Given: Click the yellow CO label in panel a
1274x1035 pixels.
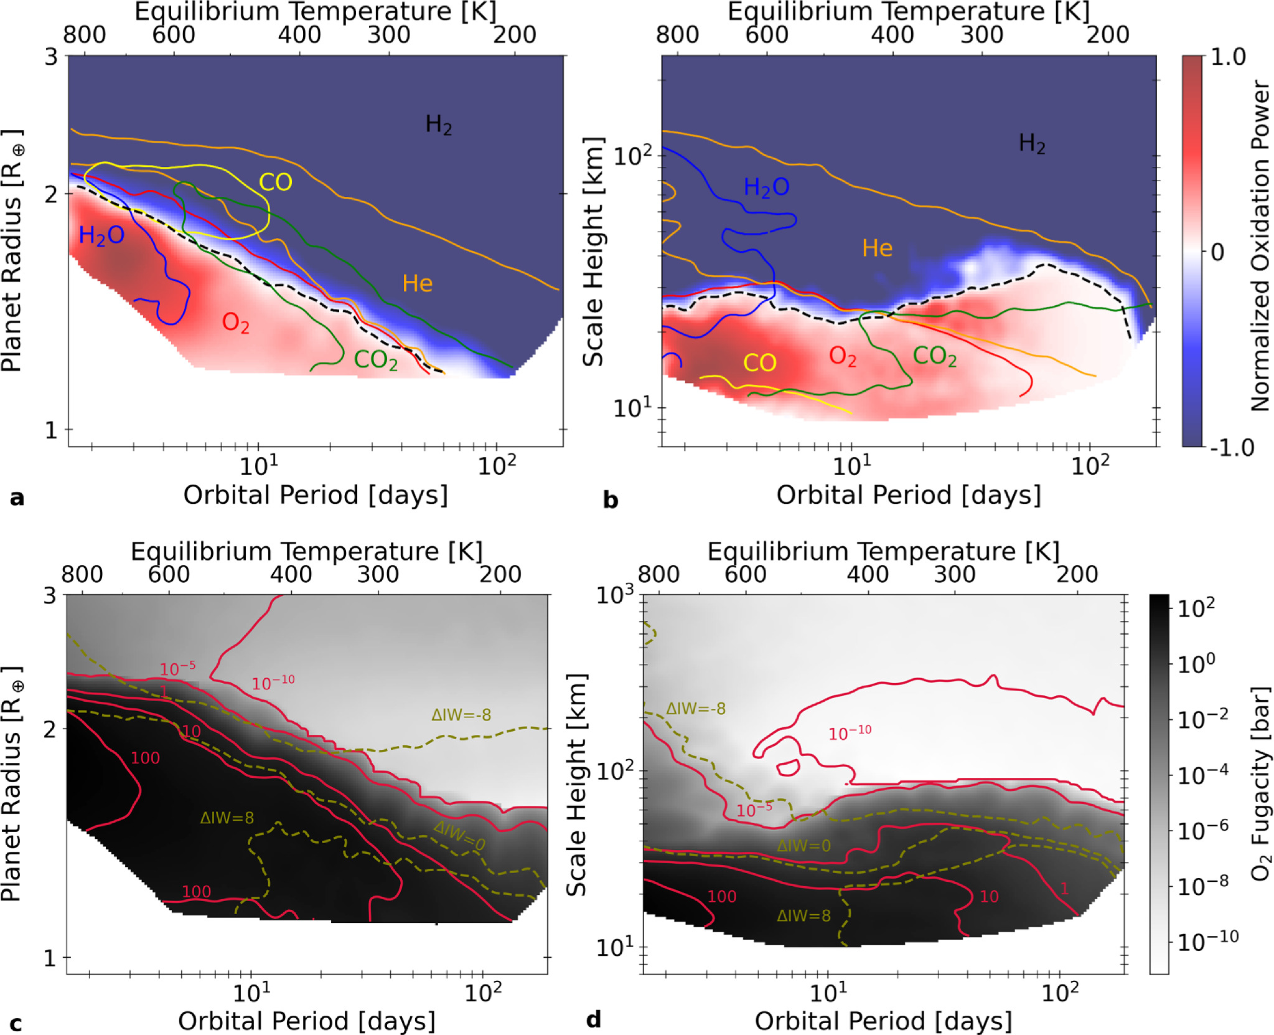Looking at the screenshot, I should [x=275, y=182].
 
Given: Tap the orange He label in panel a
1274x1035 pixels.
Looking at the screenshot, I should [x=417, y=283].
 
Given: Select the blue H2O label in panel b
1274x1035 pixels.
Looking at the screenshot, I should [x=766, y=187].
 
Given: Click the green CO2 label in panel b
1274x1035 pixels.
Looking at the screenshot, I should [x=934, y=356].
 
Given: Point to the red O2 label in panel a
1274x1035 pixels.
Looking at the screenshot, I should [x=236, y=323].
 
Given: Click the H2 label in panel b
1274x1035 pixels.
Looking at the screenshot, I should [x=1031, y=143].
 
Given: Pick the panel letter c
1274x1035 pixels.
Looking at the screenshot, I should [x=16, y=1023].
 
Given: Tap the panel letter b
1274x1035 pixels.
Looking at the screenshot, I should [x=610, y=499].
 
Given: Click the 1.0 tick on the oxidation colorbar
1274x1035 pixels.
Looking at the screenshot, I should [x=1227, y=57].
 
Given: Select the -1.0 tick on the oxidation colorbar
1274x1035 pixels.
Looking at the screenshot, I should [x=1231, y=447].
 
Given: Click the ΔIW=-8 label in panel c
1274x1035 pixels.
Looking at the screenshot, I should [x=461, y=715].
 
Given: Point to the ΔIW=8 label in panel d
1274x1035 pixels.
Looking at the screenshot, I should [x=803, y=915].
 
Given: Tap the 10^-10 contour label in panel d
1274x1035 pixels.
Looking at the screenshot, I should [x=849, y=733].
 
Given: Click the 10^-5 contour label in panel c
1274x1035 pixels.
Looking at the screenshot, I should [x=177, y=669].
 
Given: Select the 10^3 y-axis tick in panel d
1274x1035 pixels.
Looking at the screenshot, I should [x=615, y=595].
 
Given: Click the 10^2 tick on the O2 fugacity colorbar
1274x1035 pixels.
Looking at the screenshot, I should [x=1196, y=608].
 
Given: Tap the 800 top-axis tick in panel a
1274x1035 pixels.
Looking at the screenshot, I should [x=84, y=34].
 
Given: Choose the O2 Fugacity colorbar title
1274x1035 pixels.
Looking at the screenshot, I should [x=1260, y=783].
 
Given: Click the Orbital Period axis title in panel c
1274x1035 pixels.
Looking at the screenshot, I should [x=306, y=1021].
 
